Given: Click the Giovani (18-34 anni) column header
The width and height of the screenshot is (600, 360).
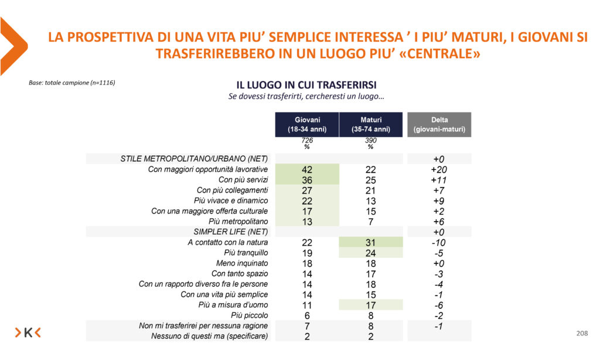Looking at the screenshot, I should (307, 124).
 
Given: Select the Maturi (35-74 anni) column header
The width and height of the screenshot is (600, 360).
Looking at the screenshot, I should (371, 124).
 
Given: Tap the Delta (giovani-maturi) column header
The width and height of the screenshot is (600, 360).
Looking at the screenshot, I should (439, 124).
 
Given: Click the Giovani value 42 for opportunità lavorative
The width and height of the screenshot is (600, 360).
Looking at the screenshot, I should (307, 169).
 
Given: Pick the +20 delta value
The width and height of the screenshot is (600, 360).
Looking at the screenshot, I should (439, 169).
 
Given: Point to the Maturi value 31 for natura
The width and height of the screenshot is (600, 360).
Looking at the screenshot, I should (370, 243).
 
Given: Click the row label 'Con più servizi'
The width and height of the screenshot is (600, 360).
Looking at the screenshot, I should (243, 180).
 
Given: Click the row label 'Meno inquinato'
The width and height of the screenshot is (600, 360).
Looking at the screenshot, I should (241, 263).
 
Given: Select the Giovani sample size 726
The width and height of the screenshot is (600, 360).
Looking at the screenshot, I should (307, 141).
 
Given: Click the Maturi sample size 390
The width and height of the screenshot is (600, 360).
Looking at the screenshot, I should (370, 141).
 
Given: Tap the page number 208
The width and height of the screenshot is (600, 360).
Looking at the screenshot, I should (582, 333).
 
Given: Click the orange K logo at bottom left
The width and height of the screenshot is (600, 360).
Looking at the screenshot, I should (28, 333).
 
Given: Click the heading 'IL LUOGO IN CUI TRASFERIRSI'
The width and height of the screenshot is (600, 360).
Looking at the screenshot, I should (306, 85).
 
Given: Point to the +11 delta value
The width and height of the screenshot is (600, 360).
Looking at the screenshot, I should (439, 180).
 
